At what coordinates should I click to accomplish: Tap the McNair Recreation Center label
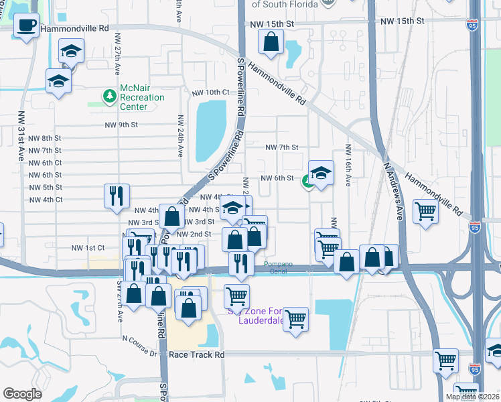(x=141, y=97)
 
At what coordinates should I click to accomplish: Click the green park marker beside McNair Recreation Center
(x=109, y=96)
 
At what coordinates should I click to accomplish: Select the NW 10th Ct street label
(x=210, y=92)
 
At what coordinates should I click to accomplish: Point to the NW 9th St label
(x=121, y=125)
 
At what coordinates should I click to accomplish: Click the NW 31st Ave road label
(x=21, y=135)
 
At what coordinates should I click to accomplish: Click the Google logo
(x=22, y=394)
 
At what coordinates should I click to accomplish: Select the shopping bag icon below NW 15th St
(x=270, y=42)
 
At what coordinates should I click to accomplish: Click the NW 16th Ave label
(x=348, y=159)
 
